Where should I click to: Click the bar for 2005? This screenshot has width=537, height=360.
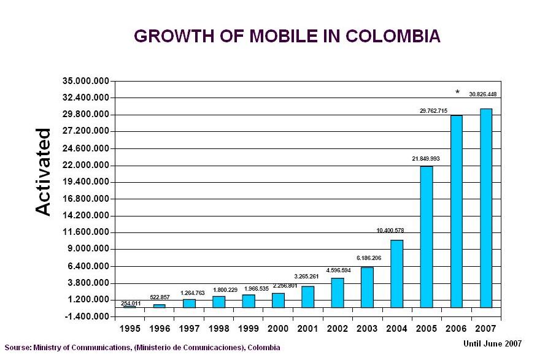pyautogui.click(x=426, y=237)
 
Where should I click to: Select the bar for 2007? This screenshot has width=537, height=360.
pyautogui.click(x=485, y=208)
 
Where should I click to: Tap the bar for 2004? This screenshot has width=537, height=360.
pyautogui.click(x=396, y=274)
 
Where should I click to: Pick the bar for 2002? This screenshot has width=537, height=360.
pyautogui.click(x=337, y=293)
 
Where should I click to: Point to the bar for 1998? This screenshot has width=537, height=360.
pyautogui.click(x=218, y=301)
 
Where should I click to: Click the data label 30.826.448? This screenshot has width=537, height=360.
pyautogui.click(x=482, y=94)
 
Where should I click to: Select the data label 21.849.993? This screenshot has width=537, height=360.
pyautogui.click(x=425, y=158)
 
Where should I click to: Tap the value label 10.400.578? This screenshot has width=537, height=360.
pyautogui.click(x=390, y=231)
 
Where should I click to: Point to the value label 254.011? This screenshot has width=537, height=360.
pyautogui.click(x=131, y=303)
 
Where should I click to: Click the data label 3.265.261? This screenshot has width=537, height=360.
pyautogui.click(x=306, y=277)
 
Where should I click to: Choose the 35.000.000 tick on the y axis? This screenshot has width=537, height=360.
pyautogui.click(x=86, y=81)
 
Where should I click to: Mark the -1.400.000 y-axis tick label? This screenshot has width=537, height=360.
pyautogui.click(x=86, y=316)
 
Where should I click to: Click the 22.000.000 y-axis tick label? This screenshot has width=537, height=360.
pyautogui.click(x=86, y=165)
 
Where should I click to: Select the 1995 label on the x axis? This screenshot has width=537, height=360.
pyautogui.click(x=129, y=329)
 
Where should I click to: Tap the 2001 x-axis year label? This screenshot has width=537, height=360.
pyautogui.click(x=307, y=329)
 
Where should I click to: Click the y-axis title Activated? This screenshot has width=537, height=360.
pyautogui.click(x=43, y=172)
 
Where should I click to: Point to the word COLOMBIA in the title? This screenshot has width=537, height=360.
pyautogui.click(x=393, y=36)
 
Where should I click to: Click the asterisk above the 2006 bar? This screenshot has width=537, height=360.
pyautogui.click(x=457, y=93)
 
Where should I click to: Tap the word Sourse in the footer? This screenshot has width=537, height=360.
pyautogui.click(x=17, y=348)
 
